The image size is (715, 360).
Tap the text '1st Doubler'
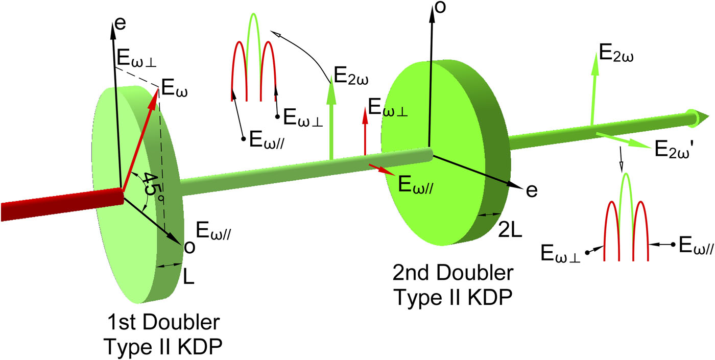tap(163, 322)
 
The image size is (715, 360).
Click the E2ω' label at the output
tap(674, 149)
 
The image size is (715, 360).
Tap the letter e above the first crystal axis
tap(120, 23)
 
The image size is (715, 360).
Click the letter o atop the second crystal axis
tap(440, 7)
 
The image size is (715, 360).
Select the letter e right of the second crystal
tap(532, 191)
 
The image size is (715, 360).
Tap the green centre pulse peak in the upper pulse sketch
tap(254, 14)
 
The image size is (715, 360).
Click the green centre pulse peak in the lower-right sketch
tap(626, 174)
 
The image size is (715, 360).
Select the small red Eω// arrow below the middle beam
tap(382, 170)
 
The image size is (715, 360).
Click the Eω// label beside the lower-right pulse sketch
tap(696, 246)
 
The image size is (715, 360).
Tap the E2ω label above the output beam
tap(616, 53)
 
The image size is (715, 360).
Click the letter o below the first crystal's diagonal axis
tap(189, 247)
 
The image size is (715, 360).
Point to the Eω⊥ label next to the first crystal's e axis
tap(137, 58)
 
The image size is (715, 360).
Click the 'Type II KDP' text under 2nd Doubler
tap(454, 297)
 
